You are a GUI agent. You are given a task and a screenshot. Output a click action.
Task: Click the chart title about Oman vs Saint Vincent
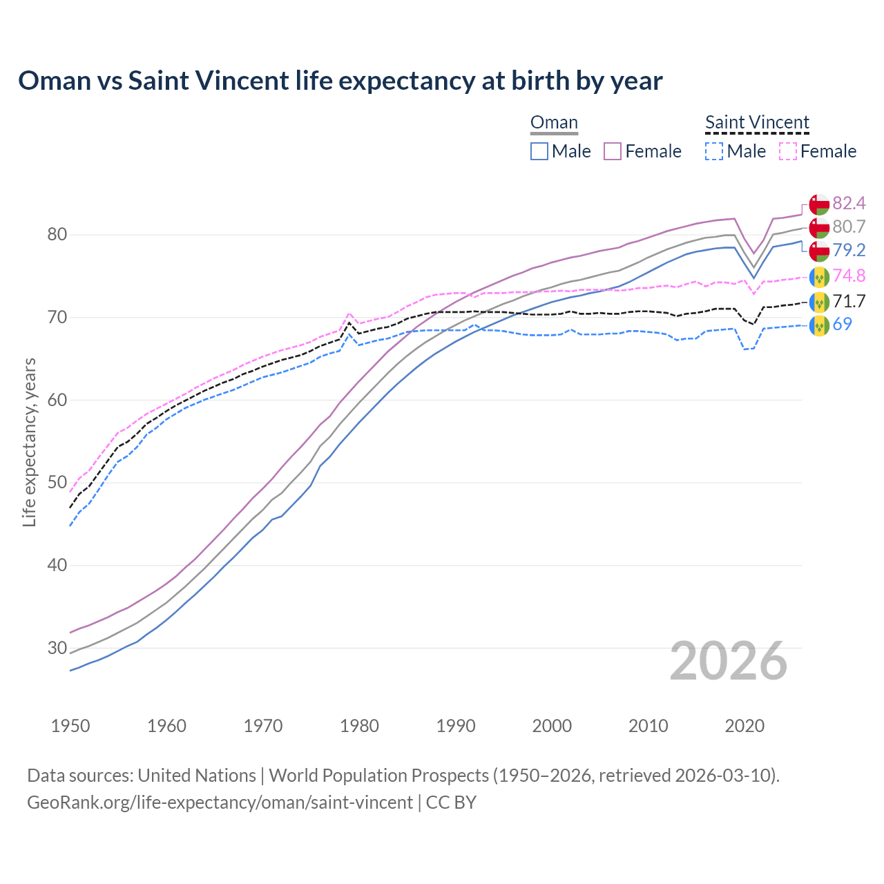(x=340, y=81)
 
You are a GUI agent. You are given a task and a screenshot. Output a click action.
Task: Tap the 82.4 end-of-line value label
(x=849, y=203)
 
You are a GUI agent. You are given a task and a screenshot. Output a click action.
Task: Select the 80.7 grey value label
(x=849, y=227)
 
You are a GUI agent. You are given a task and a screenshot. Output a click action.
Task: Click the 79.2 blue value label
(x=849, y=250)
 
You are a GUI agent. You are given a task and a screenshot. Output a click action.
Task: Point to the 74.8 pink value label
(x=849, y=276)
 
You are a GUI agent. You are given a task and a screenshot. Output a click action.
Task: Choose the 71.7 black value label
(x=849, y=301)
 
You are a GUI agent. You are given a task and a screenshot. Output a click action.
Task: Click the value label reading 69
(x=842, y=324)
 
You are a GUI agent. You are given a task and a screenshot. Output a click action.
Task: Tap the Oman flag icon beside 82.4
(x=818, y=204)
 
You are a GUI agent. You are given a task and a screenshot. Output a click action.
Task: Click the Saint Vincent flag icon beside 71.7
(x=818, y=302)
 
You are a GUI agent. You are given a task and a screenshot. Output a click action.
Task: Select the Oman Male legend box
(x=539, y=151)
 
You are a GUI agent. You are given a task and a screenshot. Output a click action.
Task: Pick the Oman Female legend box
(x=613, y=151)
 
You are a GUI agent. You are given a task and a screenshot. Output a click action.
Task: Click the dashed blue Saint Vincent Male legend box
(x=714, y=151)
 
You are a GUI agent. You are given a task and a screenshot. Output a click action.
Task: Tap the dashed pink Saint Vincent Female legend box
(x=788, y=151)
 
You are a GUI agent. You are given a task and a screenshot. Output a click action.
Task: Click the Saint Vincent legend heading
(x=757, y=123)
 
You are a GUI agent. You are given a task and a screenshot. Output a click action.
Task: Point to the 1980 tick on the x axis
(x=360, y=726)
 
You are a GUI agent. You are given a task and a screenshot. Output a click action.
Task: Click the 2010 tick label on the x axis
(x=648, y=726)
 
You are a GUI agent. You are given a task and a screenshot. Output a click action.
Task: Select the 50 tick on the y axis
(x=57, y=483)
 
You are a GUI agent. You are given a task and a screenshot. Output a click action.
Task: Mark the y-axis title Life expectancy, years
(x=30, y=442)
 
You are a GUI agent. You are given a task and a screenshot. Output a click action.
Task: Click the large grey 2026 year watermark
(x=728, y=661)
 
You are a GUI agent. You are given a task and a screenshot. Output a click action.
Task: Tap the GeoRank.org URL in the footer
(x=220, y=803)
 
